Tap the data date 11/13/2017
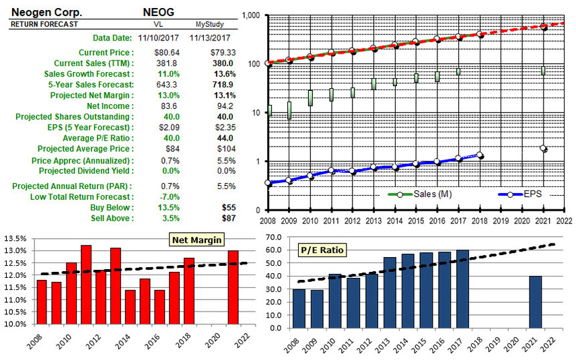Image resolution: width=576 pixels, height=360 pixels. pyautogui.click(x=210, y=38)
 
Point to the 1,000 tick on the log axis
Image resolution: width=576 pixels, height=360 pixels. pyautogui.click(x=250, y=15)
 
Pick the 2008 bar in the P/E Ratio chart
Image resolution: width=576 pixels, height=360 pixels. pyautogui.click(x=299, y=309)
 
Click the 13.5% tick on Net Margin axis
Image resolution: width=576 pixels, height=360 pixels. pyautogui.click(x=15, y=238)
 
